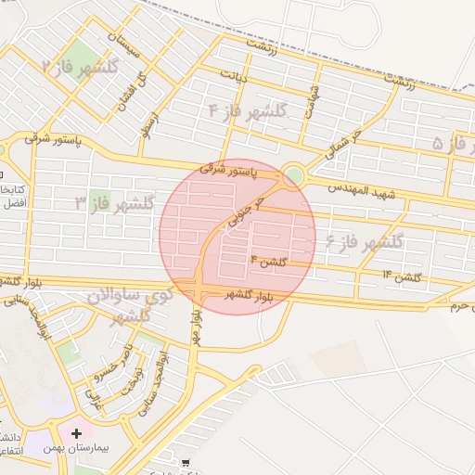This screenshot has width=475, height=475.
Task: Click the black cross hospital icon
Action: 76,432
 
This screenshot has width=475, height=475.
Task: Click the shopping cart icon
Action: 185,462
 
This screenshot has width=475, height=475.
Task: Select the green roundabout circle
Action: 294,173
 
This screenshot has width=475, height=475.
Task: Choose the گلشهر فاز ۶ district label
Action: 365,242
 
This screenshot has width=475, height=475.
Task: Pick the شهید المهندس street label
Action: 363,190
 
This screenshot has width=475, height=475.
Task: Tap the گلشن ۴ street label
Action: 266,262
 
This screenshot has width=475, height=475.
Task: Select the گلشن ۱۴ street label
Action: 403,276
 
